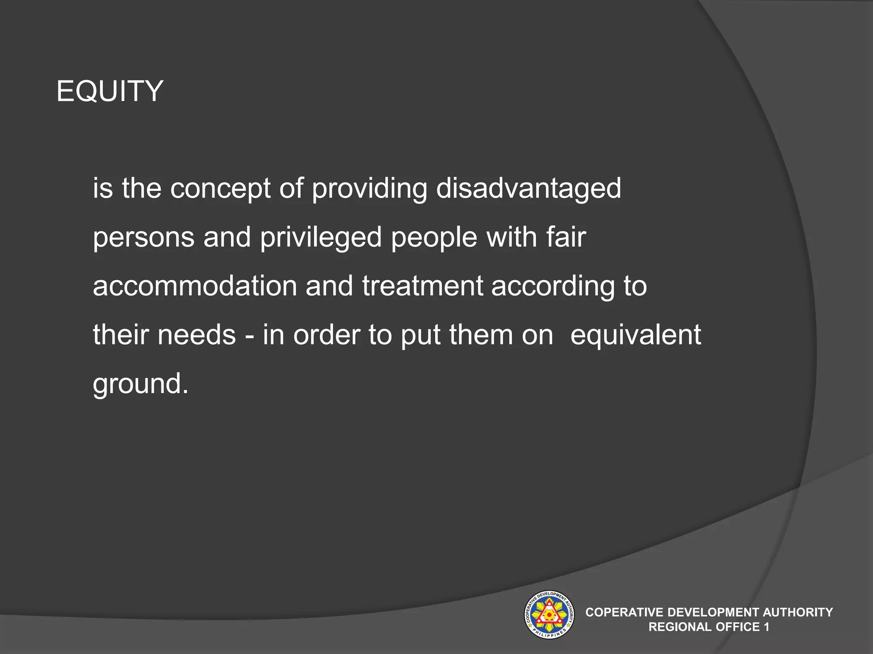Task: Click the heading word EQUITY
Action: [x=110, y=91]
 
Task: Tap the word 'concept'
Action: [x=220, y=189]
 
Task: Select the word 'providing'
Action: [x=369, y=189]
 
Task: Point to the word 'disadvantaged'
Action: [x=528, y=189]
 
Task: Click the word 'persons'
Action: [x=144, y=238]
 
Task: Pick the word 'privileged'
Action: [x=321, y=238]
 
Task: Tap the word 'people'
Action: [x=434, y=238]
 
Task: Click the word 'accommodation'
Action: [x=195, y=286]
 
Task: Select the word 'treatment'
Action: [x=422, y=286]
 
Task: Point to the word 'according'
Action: [x=553, y=287]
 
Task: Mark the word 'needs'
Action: [x=197, y=335]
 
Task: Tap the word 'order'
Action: [x=327, y=335]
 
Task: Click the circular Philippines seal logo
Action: [x=549, y=614]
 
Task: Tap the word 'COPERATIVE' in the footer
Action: [x=624, y=612]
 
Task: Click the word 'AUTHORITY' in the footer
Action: [x=798, y=612]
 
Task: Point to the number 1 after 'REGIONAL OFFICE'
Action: [x=766, y=627]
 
